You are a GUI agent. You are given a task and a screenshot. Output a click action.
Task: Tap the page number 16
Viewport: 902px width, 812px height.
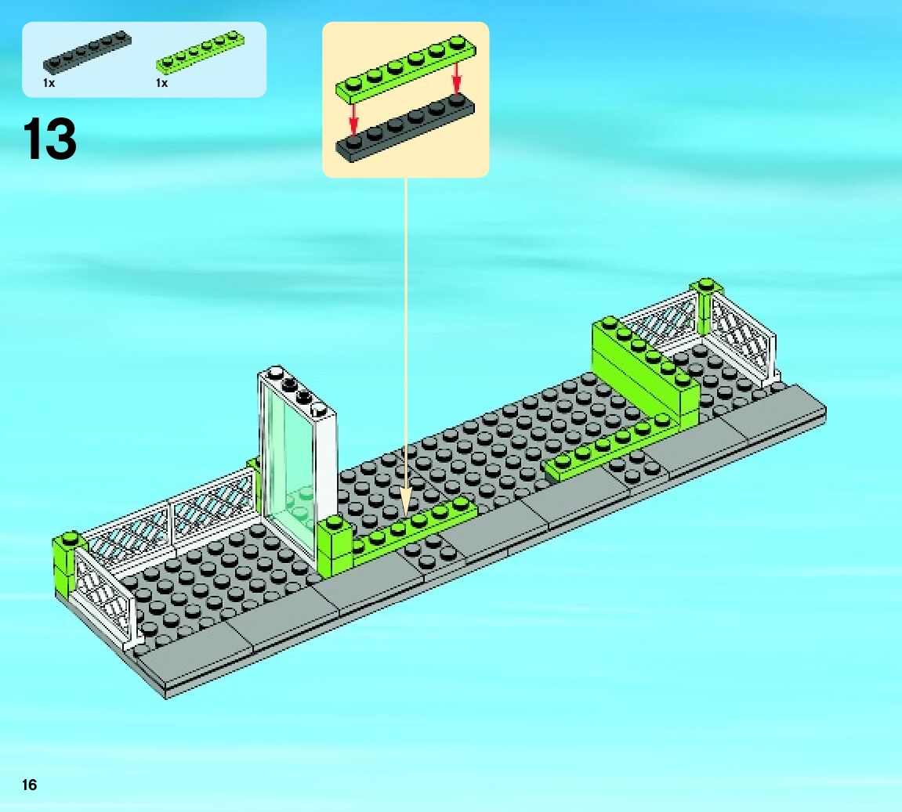(x=29, y=785)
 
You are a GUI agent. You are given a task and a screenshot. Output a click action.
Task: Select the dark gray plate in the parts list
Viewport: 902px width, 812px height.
(x=86, y=52)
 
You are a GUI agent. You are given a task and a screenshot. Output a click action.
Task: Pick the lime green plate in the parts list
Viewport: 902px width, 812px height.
(x=200, y=52)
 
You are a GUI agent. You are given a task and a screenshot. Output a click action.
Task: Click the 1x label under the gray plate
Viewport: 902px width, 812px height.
(x=49, y=83)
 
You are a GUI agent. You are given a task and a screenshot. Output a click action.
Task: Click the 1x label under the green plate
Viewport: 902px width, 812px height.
(x=161, y=83)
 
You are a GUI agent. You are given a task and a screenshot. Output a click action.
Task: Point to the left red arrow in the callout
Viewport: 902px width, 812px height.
(x=354, y=117)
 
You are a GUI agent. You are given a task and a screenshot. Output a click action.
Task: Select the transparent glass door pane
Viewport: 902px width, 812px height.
(x=288, y=462)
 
